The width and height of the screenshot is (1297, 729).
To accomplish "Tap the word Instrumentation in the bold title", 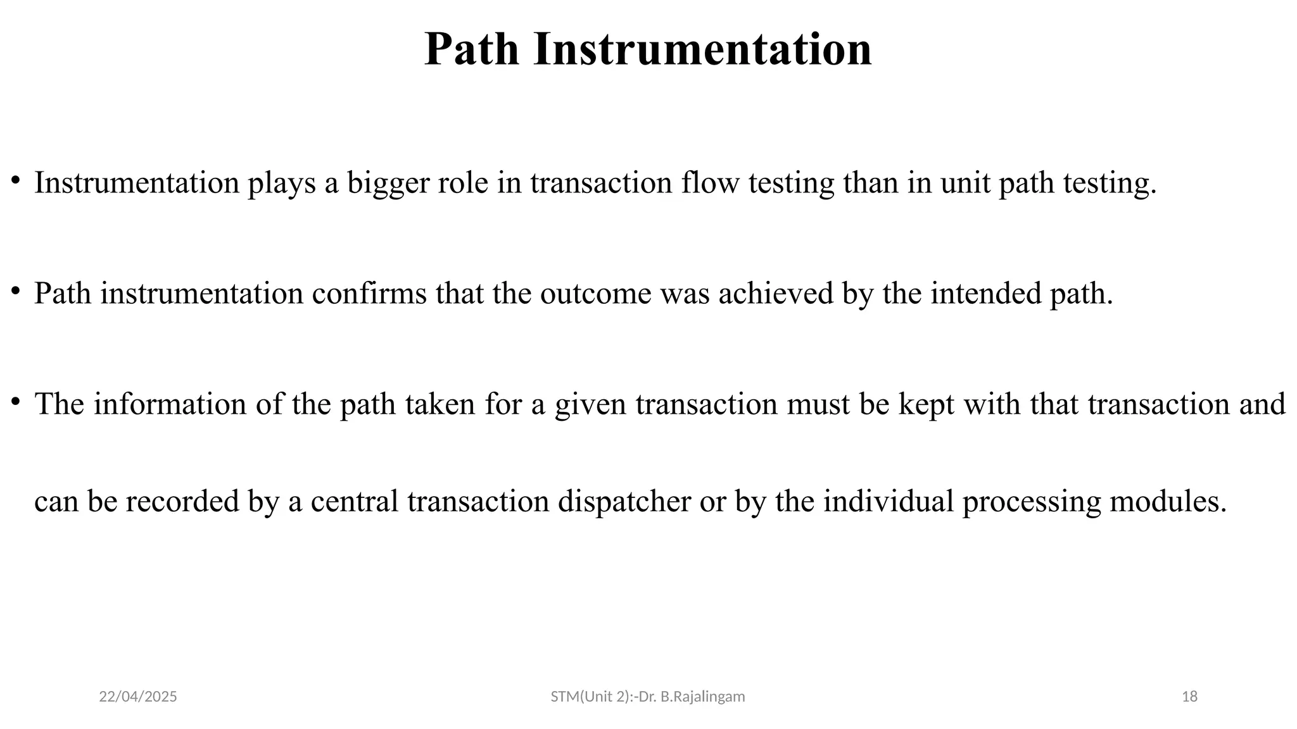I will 703,49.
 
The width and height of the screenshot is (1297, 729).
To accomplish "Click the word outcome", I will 595,294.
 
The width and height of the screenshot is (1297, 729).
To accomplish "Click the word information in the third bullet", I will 170,404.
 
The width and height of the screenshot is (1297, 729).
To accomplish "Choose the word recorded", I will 182,502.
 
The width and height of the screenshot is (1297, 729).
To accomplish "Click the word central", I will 355,502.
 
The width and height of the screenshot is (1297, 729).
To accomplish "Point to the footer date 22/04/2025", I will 138,697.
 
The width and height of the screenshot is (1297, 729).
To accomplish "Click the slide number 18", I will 1190,697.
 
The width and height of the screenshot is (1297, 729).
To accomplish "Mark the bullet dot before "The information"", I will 16,401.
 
